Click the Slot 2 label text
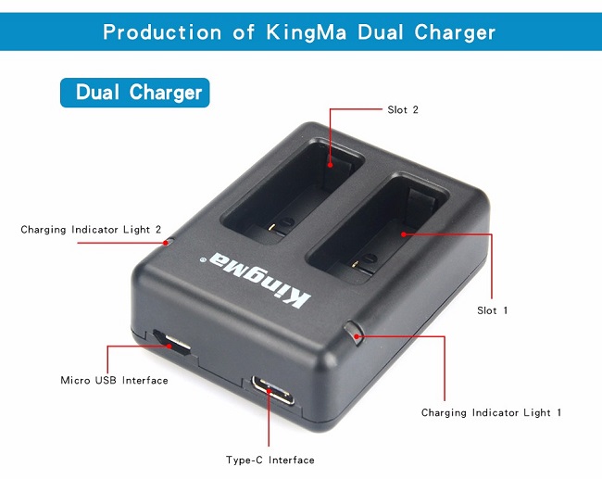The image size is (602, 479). tap(403, 110)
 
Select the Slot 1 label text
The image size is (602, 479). tap(492, 310)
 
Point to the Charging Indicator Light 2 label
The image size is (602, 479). tap(91, 230)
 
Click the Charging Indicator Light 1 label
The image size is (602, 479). tap(491, 412)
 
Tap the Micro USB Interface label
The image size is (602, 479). tap(114, 381)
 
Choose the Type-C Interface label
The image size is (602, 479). tap(270, 460)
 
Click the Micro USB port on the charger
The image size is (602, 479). tap(172, 344)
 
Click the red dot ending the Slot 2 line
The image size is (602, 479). tap(330, 167)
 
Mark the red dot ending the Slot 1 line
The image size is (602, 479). tap(405, 235)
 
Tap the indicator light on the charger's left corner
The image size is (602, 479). tap(167, 242)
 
